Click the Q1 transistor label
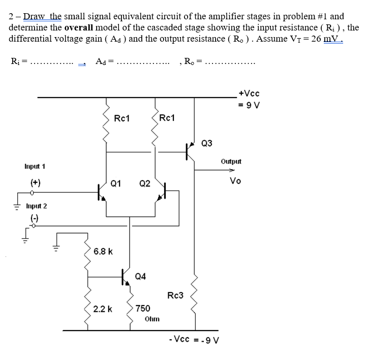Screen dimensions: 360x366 (116, 183)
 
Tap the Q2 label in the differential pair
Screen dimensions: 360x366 (145, 183)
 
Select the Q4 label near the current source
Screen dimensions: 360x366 (141, 276)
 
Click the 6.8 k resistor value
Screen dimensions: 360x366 (103, 251)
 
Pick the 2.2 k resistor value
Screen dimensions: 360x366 (103, 309)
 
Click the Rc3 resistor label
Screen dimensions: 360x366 (175, 296)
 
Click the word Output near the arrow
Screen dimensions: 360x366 (231, 161)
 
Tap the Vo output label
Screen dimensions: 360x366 (235, 181)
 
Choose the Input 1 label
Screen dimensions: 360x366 (35, 167)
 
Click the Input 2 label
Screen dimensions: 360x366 (36, 206)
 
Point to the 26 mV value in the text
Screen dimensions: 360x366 (325, 39)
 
